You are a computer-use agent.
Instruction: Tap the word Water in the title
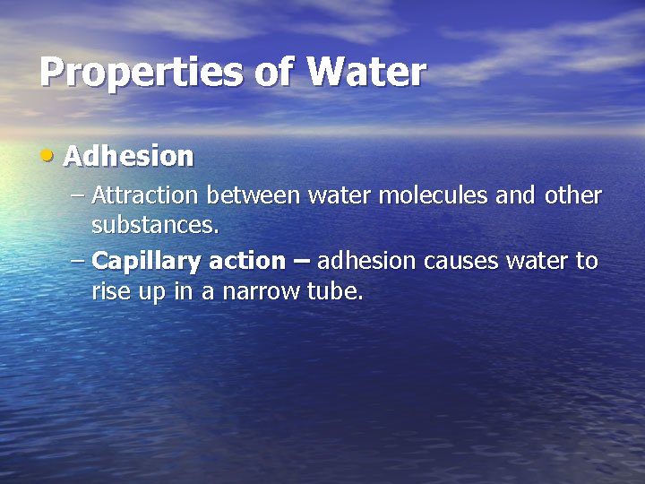point(365,73)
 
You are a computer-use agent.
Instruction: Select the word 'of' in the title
point(275,73)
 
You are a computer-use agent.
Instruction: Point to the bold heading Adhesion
point(129,156)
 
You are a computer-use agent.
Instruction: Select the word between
point(254,194)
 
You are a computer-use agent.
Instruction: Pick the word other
point(572,194)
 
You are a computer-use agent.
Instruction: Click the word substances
point(155,224)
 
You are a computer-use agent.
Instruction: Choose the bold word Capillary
point(146,262)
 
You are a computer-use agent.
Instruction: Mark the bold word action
point(246,261)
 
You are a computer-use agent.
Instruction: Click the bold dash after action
point(300,261)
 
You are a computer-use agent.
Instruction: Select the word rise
point(110,291)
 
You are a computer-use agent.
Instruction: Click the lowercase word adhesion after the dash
point(366,261)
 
